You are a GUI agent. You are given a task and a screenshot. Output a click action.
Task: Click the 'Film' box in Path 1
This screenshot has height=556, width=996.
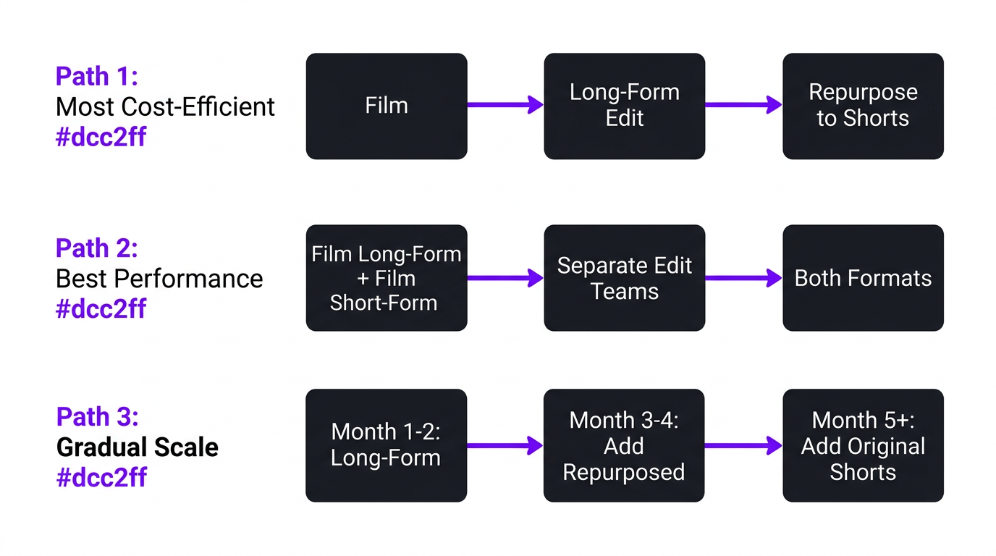point(387,106)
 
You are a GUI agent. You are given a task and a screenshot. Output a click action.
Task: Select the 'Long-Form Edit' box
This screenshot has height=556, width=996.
point(624,106)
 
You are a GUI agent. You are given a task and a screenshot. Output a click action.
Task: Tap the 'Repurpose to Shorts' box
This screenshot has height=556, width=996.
point(863,106)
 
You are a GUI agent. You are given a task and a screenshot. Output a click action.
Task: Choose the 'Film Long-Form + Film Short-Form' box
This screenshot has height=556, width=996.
point(387,278)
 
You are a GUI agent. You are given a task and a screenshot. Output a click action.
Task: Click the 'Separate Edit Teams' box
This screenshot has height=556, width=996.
point(624,278)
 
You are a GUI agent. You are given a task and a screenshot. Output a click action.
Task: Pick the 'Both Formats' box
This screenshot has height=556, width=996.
point(863,278)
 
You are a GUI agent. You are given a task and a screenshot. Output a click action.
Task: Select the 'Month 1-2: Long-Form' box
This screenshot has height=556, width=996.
point(386,445)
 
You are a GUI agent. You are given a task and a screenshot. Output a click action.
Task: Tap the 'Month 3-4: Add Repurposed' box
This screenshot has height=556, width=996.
point(623,445)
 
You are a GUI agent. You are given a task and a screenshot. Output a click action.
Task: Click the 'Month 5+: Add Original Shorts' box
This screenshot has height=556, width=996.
point(863,445)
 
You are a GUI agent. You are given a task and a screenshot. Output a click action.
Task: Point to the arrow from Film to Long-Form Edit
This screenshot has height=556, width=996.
point(505,105)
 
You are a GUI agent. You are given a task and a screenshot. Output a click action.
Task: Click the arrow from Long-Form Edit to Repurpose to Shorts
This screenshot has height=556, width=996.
point(743,105)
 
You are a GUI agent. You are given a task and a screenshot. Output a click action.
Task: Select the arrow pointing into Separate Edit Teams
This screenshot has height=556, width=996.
point(505,278)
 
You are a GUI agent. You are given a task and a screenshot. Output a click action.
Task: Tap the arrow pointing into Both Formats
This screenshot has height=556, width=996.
point(743,278)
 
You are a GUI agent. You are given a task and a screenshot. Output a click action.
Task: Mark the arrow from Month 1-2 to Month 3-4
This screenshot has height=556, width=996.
point(505,445)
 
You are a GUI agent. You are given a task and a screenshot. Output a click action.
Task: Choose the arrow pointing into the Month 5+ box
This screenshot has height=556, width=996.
point(743,445)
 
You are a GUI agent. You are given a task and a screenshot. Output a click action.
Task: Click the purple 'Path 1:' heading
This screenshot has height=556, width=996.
point(97,76)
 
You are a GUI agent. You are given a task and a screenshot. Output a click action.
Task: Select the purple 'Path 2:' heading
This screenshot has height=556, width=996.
point(97,248)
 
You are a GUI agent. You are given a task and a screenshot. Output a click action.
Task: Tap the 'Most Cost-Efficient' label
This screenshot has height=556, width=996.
point(165,107)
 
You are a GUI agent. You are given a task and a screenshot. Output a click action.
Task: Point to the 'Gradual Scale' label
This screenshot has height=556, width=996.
point(138,447)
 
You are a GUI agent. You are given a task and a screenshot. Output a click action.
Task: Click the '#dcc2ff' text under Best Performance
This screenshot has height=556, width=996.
point(101,309)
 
